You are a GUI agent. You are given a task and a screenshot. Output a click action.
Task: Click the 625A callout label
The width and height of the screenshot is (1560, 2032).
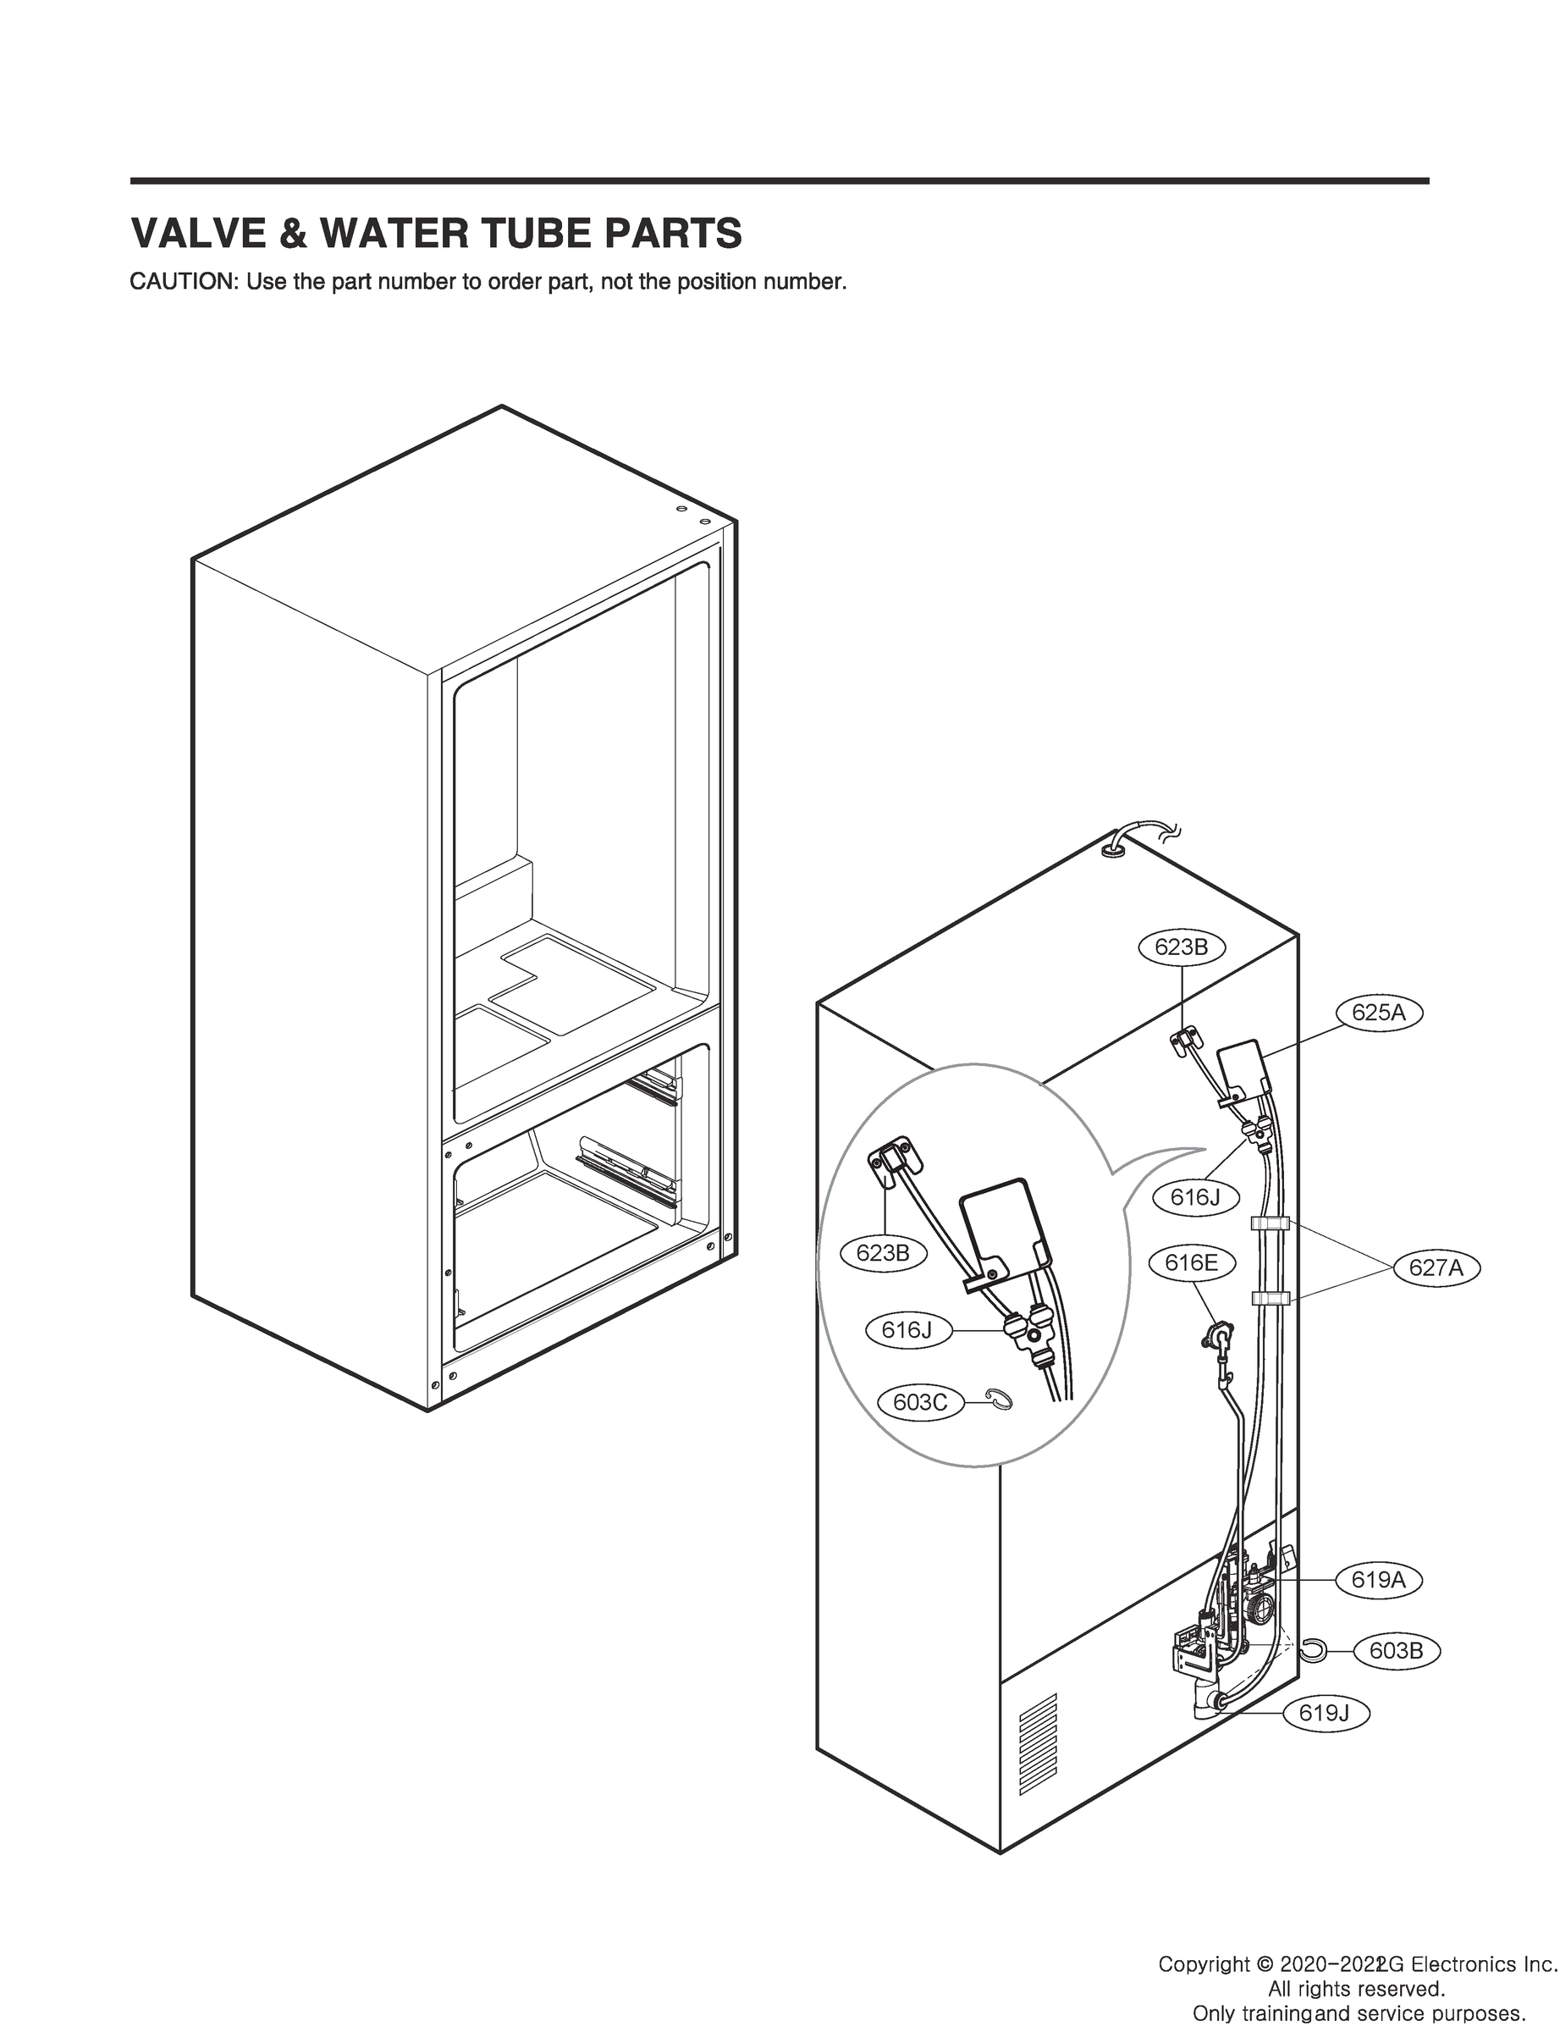click(1379, 1013)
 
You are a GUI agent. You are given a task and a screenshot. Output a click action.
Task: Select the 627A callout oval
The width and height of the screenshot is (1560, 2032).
click(1436, 1267)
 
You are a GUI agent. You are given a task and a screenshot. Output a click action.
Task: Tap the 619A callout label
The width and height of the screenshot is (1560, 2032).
click(1379, 1580)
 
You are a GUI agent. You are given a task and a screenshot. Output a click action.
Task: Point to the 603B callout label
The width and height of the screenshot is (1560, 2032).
click(1396, 1651)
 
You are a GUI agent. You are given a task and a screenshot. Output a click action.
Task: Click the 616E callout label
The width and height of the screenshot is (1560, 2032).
click(1191, 1263)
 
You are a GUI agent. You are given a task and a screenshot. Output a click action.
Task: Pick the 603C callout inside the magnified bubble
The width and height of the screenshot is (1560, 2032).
click(920, 1402)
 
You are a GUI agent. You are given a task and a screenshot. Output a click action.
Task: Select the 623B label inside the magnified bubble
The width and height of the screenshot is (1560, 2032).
click(883, 1253)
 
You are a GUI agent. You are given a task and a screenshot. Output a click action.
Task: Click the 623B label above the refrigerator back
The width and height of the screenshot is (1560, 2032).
click(1181, 947)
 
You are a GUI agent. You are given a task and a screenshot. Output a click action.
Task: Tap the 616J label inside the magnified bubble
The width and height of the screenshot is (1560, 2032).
click(907, 1331)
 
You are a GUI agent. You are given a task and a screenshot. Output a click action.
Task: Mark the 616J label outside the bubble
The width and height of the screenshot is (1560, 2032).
click(1195, 1198)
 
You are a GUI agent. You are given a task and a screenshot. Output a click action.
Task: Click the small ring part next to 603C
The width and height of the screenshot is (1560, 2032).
click(999, 1399)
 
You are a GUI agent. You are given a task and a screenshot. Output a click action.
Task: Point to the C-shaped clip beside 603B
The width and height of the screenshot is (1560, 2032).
click(1312, 1650)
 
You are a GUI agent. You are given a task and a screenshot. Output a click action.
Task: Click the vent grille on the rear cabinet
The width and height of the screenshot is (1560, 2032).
click(1038, 1733)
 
